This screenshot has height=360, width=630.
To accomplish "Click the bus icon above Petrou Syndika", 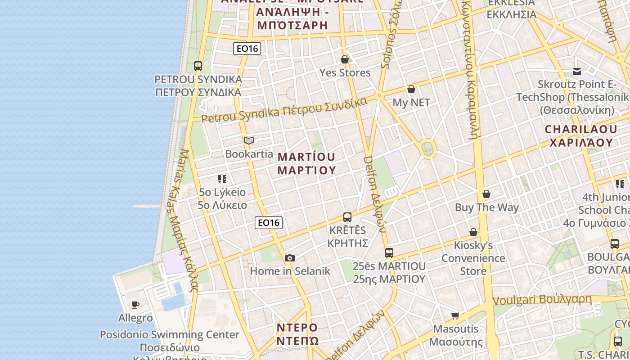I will click(x=198, y=66).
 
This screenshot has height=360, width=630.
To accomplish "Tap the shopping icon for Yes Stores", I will click(x=345, y=59).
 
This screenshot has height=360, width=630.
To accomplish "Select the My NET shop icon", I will click(x=411, y=89).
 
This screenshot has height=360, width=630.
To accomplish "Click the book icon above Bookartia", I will click(x=249, y=141).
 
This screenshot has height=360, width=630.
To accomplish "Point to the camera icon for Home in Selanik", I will click(x=290, y=258).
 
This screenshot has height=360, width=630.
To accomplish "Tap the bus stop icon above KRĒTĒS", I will click(x=347, y=217).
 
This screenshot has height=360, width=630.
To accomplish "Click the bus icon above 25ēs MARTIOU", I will click(x=389, y=253).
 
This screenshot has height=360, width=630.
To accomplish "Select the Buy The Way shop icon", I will click(x=486, y=194).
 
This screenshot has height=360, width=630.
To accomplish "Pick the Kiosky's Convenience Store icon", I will click(x=473, y=232).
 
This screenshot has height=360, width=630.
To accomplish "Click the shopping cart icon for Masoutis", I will click(x=455, y=315).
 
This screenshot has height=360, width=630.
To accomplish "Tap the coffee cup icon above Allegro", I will click(x=135, y=305).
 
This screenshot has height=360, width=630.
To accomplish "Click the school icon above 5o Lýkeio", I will click(x=222, y=179).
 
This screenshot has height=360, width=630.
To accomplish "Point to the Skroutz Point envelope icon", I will click(x=577, y=71).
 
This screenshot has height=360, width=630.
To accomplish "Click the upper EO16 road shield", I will click(x=247, y=49).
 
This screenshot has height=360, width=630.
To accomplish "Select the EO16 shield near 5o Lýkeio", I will click(x=269, y=222).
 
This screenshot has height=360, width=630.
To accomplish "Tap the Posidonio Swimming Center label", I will click(x=170, y=335).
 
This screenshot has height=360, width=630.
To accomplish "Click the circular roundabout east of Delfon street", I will click(x=427, y=148).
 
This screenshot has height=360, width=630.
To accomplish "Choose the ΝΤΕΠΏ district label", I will click(x=298, y=341).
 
